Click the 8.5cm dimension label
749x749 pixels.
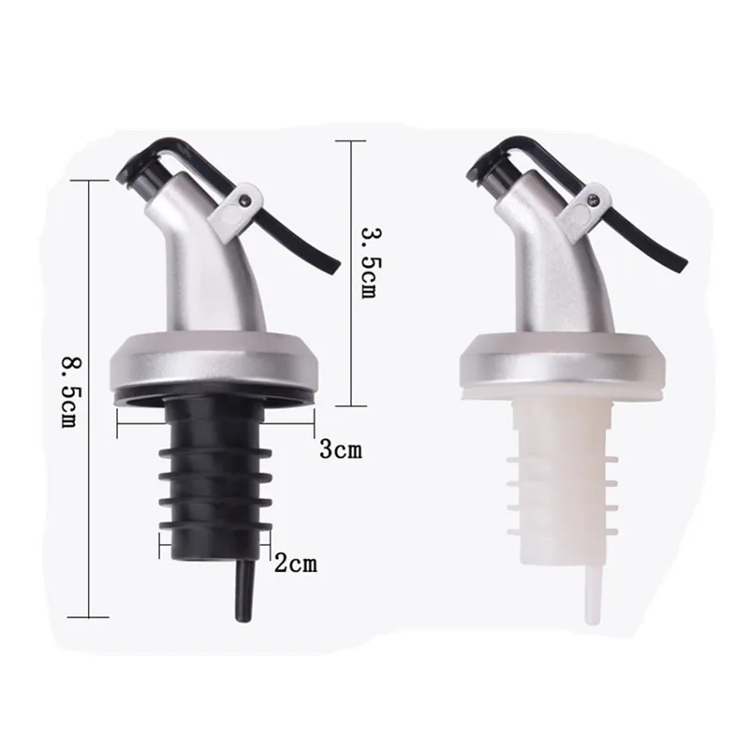point(71,392)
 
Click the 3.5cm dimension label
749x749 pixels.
point(370,262)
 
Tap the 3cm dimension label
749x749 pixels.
point(341,449)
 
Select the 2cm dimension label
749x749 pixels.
point(296,564)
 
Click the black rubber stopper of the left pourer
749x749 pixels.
point(215,477)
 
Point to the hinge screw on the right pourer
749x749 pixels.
point(593,196)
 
